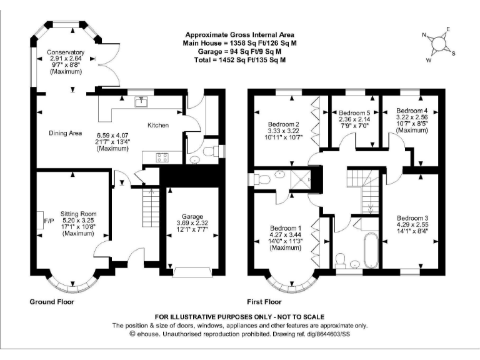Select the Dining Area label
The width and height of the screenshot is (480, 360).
(x=66, y=132)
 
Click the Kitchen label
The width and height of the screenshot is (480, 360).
(x=157, y=126)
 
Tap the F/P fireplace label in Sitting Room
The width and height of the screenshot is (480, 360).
(x=49, y=221)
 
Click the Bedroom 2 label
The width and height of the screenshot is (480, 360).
(x=284, y=123)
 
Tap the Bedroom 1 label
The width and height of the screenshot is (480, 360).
(x=284, y=227)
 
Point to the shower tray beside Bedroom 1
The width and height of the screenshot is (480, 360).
(x=302, y=180)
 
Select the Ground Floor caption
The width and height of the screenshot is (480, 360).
(x=52, y=302)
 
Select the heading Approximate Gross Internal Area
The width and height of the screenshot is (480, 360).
(x=239, y=34)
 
